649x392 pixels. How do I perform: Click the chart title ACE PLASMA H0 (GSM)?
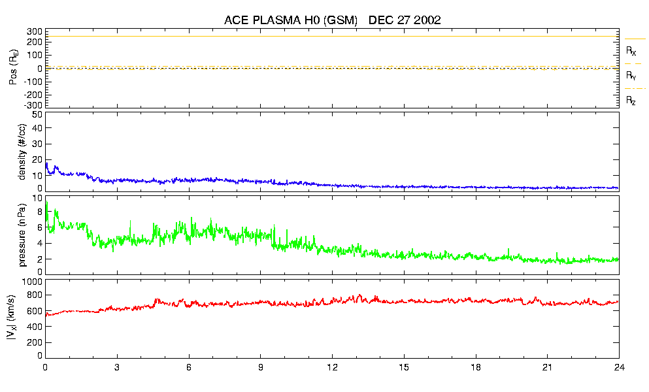291,20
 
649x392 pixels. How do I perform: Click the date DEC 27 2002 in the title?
405,20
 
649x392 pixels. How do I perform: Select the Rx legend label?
631,50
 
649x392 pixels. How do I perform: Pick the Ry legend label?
631,76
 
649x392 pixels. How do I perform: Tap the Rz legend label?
631,101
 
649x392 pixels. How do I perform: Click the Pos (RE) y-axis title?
13,69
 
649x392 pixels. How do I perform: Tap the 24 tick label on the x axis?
618,367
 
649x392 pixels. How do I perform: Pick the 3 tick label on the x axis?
117,367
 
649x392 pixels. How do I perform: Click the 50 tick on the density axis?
37,114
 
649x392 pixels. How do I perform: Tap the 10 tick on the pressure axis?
37,197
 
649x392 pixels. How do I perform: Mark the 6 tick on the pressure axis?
40,227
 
